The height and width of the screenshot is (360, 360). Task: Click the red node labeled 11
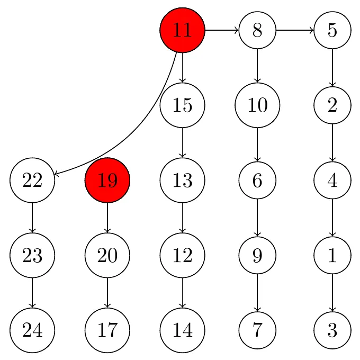click(182, 30)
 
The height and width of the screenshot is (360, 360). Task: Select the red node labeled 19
click(107, 180)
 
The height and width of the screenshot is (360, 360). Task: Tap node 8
click(257, 30)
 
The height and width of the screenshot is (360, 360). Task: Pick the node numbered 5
click(332, 30)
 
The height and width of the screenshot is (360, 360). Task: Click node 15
click(182, 105)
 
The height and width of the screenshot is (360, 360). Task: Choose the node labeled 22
click(32, 180)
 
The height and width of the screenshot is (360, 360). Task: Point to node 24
click(32, 330)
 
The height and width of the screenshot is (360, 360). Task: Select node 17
click(107, 330)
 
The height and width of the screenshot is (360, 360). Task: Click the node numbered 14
click(182, 330)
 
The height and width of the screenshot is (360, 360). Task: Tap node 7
click(257, 330)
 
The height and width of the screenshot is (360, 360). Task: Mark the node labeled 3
click(332, 330)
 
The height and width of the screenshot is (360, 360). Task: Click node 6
click(257, 180)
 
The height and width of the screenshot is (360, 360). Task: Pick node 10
click(257, 105)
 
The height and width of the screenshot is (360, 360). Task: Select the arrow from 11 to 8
click(222, 30)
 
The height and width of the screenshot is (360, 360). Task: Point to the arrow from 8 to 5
click(295, 30)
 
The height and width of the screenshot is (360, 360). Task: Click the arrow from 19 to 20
click(107, 218)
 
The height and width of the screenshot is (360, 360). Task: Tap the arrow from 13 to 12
click(182, 218)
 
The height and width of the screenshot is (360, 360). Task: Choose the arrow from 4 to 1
click(332, 218)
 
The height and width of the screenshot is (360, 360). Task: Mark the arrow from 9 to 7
click(257, 293)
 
